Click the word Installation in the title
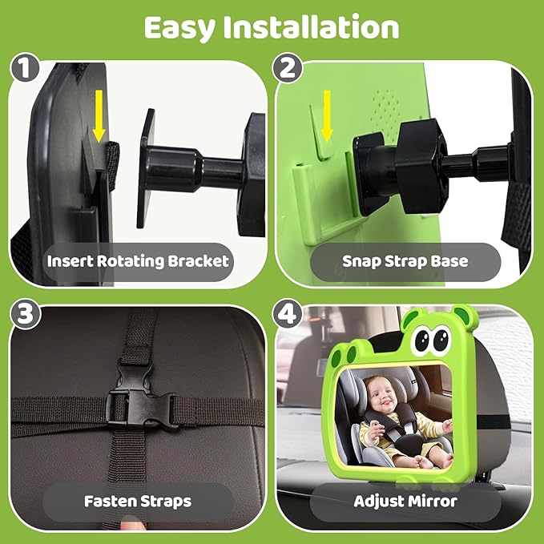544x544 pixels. tap(317, 27)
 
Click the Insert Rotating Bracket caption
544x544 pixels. tap(138, 261)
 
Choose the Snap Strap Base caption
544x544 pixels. tap(405, 261)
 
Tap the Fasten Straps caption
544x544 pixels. tap(138, 502)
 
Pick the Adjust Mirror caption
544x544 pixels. tap(405, 502)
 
